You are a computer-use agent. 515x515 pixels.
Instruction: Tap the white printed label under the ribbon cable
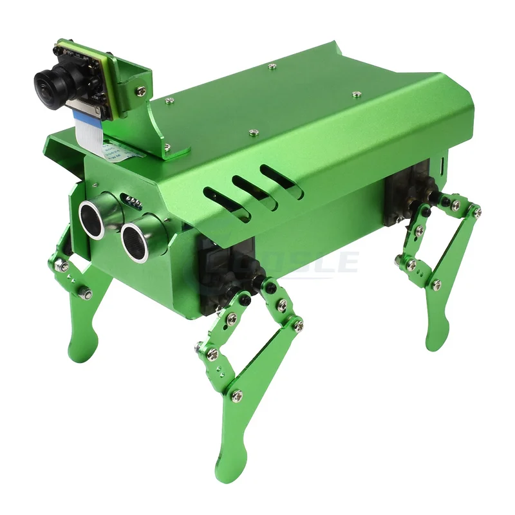[120, 152]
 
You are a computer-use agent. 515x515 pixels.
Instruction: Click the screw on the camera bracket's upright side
[140, 91]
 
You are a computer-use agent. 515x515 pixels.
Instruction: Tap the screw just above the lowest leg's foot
[237, 397]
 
